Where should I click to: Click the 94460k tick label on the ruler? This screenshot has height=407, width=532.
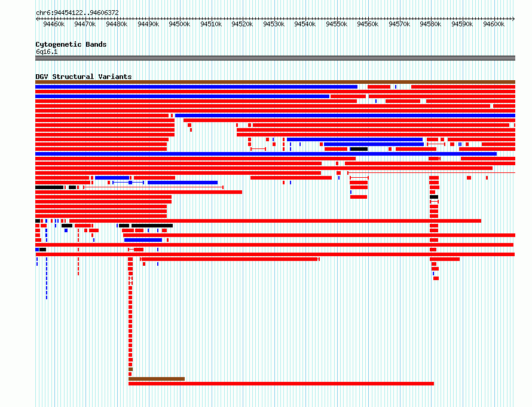pyautogui.click(x=54, y=24)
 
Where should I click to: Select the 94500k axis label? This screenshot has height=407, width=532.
pyautogui.click(x=179, y=24)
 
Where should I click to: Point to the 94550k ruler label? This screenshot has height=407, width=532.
pyautogui.click(x=337, y=24)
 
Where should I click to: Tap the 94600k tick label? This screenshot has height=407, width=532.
pyautogui.click(x=494, y=24)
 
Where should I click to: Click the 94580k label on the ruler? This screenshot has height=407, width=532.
pyautogui.click(x=430, y=24)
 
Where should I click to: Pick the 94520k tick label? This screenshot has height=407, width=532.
pyautogui.click(x=242, y=24)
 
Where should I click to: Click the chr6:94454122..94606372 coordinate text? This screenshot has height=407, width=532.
pyautogui.click(x=77, y=13)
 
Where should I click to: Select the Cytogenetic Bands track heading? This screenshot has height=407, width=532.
pyautogui.click(x=71, y=44)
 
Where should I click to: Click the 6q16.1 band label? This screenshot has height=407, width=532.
pyautogui.click(x=47, y=51)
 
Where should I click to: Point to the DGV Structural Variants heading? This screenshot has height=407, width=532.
pyautogui.click(x=84, y=77)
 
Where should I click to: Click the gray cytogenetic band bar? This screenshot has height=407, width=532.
pyautogui.click(x=275, y=58)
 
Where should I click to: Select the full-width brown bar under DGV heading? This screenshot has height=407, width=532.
pyautogui.click(x=275, y=82)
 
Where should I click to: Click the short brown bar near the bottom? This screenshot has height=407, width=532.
pyautogui.click(x=157, y=379)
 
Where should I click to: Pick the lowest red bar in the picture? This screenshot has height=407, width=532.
pyautogui.click(x=282, y=384)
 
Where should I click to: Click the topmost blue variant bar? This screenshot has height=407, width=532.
pyautogui.click(x=197, y=87)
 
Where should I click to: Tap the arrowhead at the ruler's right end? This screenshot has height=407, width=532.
pyautogui.click(x=513, y=19)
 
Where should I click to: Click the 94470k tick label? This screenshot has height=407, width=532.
pyautogui.click(x=85, y=24)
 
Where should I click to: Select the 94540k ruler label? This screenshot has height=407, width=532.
pyautogui.click(x=305, y=24)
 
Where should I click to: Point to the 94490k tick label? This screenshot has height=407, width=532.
pyautogui.click(x=148, y=24)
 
